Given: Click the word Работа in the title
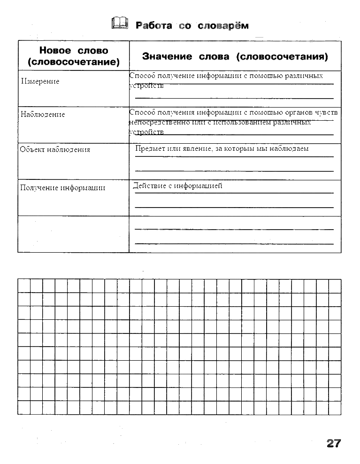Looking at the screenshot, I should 154,25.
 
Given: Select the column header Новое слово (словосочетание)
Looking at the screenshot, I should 73,56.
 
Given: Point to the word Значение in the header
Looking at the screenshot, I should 167,57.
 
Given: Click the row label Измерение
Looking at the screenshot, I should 40,82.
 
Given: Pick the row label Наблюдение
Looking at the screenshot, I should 43,115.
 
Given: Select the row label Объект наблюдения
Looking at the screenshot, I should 55,150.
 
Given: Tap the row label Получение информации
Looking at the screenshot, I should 62,188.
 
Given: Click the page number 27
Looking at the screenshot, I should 333,443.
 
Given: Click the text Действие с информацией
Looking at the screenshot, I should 177,186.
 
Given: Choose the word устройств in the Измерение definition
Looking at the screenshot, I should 146,86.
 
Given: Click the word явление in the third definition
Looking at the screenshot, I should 195,149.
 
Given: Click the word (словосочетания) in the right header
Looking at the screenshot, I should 282,57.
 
